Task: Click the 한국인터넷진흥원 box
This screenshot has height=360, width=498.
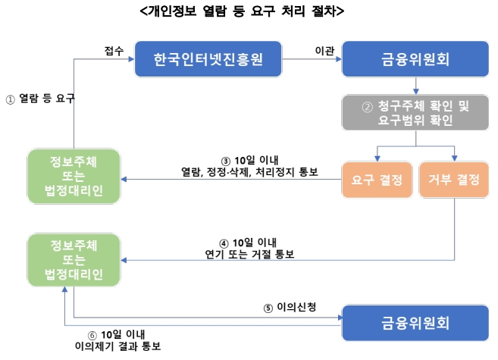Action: [x=208, y=59]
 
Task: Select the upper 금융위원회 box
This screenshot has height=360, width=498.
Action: [x=415, y=59]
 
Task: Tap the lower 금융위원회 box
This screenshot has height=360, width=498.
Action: [x=415, y=323]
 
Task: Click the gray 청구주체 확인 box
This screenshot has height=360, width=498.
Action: [x=415, y=112]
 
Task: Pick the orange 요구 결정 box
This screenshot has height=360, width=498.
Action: [x=377, y=180]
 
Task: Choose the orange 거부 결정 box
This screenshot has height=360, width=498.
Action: [x=454, y=180]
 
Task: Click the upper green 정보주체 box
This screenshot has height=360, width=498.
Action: [x=74, y=176]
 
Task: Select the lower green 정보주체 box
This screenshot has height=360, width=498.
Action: [x=74, y=260]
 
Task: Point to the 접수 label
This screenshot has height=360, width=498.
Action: [x=114, y=51]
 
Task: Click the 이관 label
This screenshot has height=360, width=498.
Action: [x=324, y=51]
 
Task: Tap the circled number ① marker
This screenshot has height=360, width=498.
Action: [x=10, y=100]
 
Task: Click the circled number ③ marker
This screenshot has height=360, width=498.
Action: [x=225, y=161]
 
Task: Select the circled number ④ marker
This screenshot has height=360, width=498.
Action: [x=224, y=243]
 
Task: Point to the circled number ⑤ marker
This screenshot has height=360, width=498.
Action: [x=268, y=308]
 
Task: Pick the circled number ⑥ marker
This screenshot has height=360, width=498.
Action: [x=92, y=335]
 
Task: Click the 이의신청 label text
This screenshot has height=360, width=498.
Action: [x=296, y=307]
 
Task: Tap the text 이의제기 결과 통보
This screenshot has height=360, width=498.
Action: [x=117, y=346]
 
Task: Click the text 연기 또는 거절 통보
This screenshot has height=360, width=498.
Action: [x=249, y=255]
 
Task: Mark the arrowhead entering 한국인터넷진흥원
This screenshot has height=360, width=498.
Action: [x=131, y=59]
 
